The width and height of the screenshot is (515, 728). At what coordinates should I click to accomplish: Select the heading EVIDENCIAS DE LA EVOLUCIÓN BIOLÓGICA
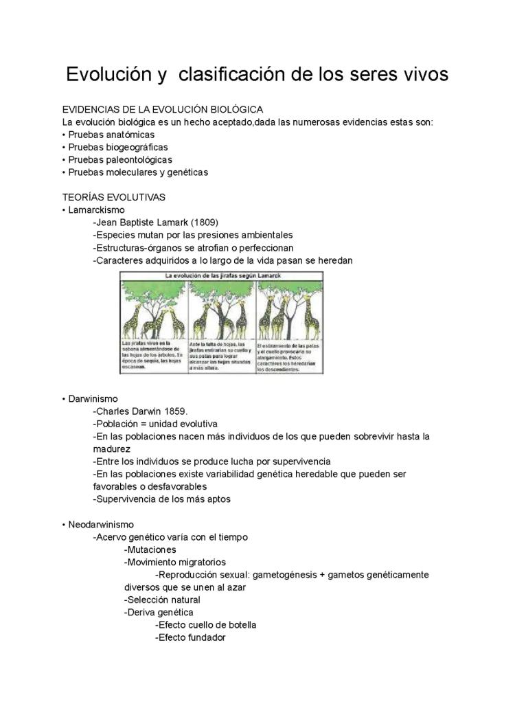163,110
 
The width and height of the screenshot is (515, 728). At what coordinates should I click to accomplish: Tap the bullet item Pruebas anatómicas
111,135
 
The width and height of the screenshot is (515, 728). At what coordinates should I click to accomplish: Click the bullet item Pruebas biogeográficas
117,147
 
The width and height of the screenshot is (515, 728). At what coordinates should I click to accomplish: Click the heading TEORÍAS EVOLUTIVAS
113,197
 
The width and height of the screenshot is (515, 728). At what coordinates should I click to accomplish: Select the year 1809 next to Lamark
205,223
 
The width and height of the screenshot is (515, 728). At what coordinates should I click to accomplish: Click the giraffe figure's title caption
222,275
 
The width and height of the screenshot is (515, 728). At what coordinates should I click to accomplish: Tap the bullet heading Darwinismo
93,398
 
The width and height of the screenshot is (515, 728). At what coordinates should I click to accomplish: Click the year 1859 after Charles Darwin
175,411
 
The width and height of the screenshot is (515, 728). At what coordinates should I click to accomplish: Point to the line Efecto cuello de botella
205,625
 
